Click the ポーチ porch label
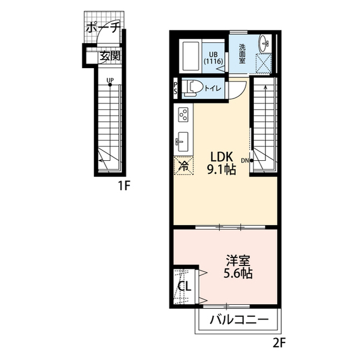click(103, 28)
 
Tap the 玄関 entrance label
click(110, 56)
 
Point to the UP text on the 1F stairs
click(110, 80)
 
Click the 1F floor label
click(124, 186)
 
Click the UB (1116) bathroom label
click(213, 58)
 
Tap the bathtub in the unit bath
click(191, 56)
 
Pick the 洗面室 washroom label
click(242, 54)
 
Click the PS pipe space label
click(175, 88)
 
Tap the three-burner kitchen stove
click(183, 115)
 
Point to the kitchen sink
click(182, 142)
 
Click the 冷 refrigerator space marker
click(184, 165)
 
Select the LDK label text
click(222, 157)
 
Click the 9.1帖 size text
click(222, 170)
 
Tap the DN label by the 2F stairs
click(245, 160)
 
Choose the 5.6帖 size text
click(238, 273)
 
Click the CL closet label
click(184, 286)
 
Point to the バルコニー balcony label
click(239, 319)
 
